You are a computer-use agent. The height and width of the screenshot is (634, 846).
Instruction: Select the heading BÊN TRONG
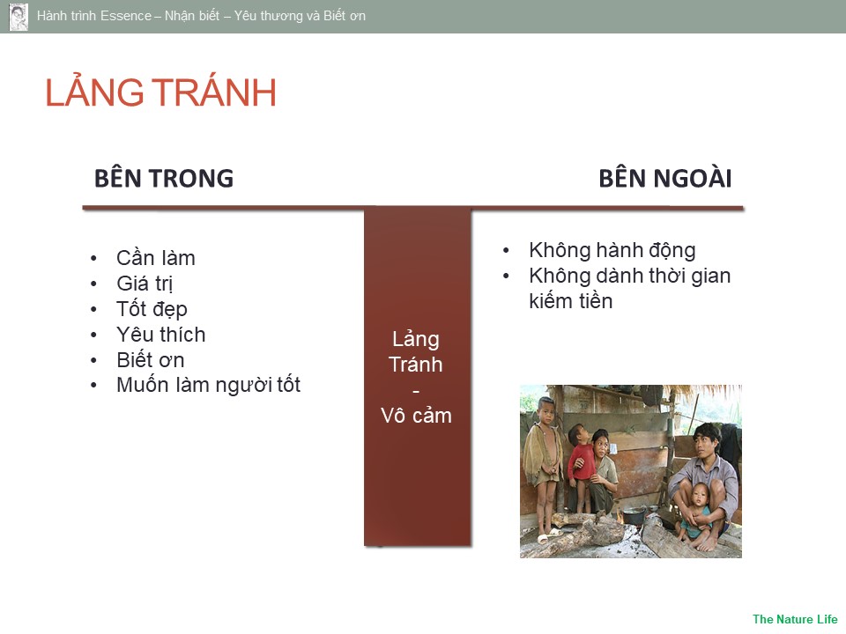coord(164,179)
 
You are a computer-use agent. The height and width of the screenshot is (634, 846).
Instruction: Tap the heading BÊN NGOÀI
coord(665,179)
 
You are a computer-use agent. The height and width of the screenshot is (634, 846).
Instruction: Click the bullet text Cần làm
coord(155,258)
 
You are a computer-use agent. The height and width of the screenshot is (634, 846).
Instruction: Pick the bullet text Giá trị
coord(145,283)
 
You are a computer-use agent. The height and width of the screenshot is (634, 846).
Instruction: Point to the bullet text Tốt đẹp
coord(152,309)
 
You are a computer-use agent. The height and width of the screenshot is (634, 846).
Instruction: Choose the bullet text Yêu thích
coord(160,335)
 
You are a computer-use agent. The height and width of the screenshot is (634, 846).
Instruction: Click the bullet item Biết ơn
coord(151,359)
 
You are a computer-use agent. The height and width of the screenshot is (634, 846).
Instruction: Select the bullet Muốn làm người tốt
coord(208,385)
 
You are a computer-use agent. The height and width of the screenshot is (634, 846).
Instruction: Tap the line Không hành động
coord(612,250)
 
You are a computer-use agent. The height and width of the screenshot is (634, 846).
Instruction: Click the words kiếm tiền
coord(571,301)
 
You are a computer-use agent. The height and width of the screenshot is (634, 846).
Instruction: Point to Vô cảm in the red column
coord(416,415)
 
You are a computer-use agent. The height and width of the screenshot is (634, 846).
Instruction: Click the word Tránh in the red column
coord(415,365)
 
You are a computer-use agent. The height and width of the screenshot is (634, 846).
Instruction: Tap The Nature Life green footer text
coord(795,619)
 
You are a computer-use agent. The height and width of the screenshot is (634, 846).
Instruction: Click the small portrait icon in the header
coord(19,17)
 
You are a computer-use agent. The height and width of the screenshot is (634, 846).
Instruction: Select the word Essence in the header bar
coord(125,16)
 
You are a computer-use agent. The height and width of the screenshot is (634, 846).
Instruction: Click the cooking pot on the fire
coord(634,514)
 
